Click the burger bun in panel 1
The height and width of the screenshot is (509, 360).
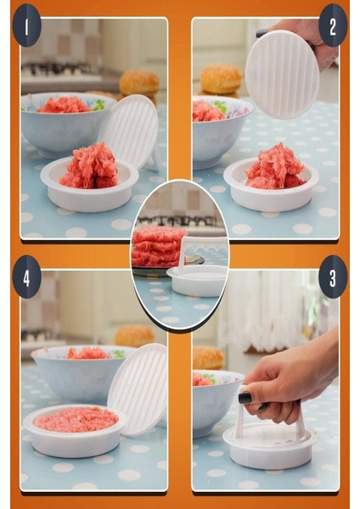click(139, 83)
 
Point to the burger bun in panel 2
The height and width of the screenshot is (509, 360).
click(221, 79)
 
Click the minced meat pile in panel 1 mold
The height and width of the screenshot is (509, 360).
click(89, 166)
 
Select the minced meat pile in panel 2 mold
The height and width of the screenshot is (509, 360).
click(274, 167)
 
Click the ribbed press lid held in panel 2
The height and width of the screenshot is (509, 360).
click(282, 75)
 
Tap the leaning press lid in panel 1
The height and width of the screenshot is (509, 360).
click(130, 131)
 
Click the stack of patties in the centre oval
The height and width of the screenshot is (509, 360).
click(159, 247)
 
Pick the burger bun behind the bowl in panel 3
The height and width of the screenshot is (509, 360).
click(208, 356)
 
